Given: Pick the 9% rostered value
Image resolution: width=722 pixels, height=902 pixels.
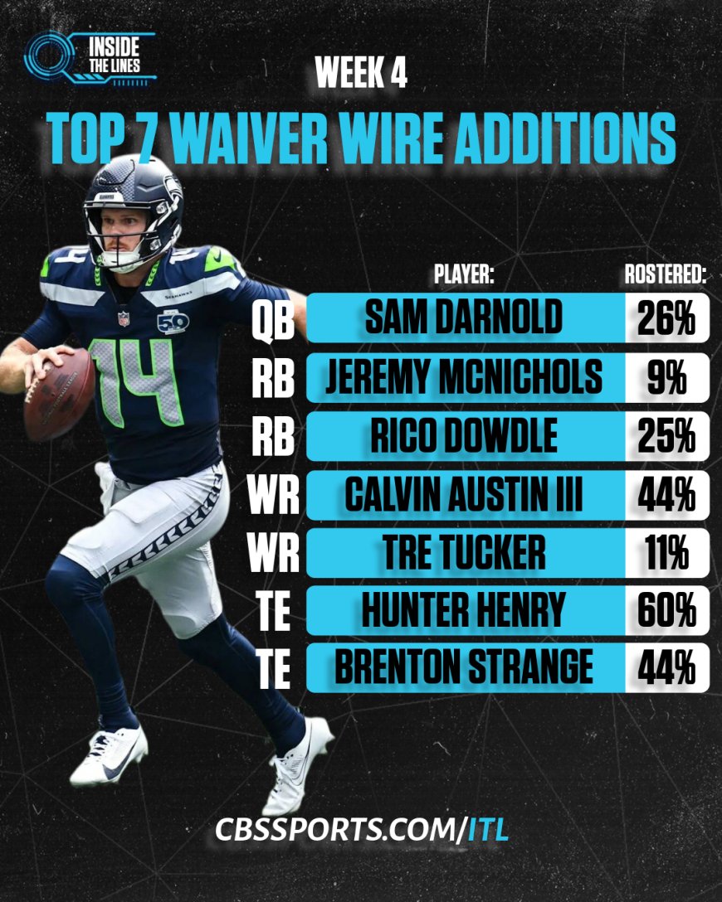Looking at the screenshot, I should [x=666, y=378].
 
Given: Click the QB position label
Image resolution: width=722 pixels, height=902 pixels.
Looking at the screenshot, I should [x=273, y=320].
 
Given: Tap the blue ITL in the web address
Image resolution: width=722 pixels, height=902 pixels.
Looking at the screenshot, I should [x=487, y=828].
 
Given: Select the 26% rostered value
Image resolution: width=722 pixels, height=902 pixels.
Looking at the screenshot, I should [x=666, y=318].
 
